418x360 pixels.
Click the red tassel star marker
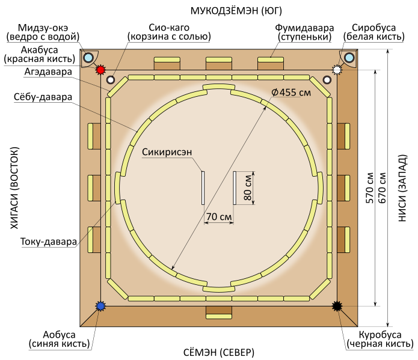pyautogui.click(x=100, y=70)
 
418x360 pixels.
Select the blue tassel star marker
pyautogui.click(x=100, y=307)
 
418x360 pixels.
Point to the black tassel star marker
pyautogui.click(x=337, y=307)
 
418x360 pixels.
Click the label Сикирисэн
pyautogui.click(x=167, y=152)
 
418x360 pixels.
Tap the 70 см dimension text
pyautogui.click(x=219, y=216)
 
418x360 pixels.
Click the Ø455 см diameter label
pyautogui.click(x=290, y=93)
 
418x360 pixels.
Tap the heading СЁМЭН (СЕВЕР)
pyautogui.click(x=218, y=351)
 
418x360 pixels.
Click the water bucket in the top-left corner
pyautogui.click(x=88, y=58)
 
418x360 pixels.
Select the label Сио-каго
pyautogui.click(x=169, y=32)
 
